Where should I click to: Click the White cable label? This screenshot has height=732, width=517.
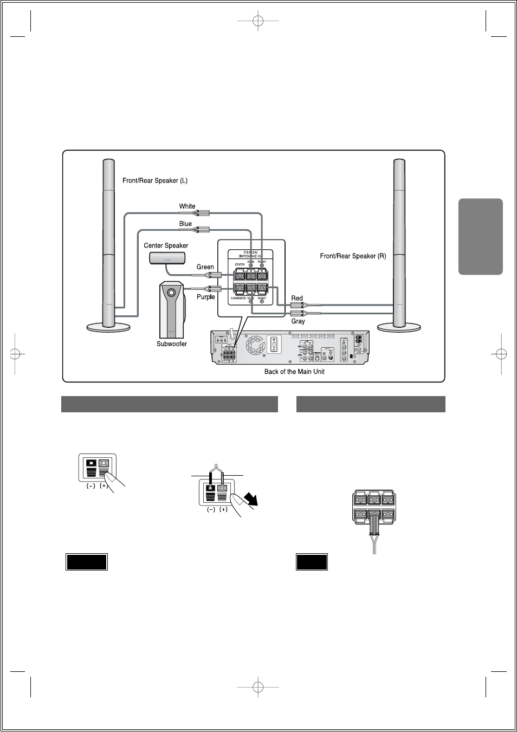[x=187, y=206]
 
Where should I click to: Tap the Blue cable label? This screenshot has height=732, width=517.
[x=185, y=223]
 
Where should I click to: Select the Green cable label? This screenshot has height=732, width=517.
[x=205, y=267]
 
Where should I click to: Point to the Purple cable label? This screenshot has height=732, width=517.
[x=205, y=296]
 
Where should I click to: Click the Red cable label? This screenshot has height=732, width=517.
[x=297, y=298]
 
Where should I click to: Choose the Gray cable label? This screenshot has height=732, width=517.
[x=298, y=321]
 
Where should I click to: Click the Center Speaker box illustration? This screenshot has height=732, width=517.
[x=167, y=258]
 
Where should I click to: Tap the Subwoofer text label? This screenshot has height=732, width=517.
[x=172, y=344]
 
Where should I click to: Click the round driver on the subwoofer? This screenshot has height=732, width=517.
[x=172, y=293]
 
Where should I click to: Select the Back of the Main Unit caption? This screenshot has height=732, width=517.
[x=294, y=372]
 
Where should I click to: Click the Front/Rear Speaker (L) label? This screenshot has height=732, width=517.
[x=155, y=180]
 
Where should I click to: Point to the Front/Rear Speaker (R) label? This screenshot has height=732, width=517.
[x=353, y=256]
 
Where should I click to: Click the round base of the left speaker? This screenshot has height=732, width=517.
[x=108, y=327]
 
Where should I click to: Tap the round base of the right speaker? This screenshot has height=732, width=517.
[x=399, y=327]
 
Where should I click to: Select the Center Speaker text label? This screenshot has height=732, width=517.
[x=166, y=245]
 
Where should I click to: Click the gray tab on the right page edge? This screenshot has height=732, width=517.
[x=481, y=236]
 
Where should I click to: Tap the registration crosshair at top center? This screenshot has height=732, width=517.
[x=258, y=21]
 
